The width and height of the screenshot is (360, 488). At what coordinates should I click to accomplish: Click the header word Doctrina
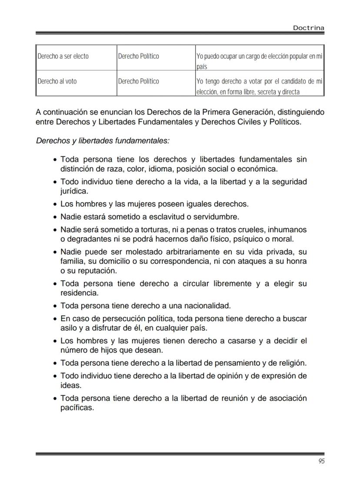[308, 28]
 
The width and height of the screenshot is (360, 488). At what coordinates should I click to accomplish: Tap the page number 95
[321, 461]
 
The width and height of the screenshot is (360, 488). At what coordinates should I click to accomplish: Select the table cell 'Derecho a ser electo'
[63, 57]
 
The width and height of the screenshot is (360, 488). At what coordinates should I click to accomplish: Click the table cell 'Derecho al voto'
[57, 81]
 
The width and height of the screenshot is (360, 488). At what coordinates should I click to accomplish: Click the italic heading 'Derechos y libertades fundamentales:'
[103, 141]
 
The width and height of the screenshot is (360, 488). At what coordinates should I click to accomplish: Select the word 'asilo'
[69, 328]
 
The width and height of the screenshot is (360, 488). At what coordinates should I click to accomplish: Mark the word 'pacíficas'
[77, 408]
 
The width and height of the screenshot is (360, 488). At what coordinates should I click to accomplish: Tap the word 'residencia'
[79, 293]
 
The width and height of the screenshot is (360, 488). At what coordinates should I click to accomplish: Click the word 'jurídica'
[73, 191]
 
